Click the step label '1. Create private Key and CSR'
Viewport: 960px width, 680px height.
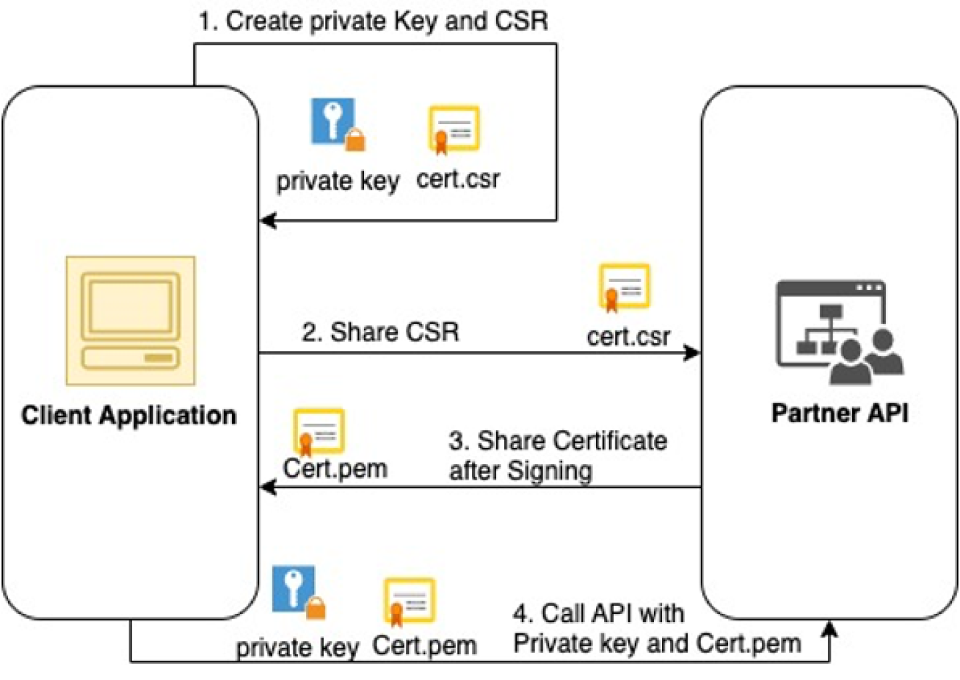click(x=373, y=21)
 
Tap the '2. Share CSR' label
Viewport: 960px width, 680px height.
click(x=380, y=332)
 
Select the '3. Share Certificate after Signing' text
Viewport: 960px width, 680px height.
click(x=557, y=456)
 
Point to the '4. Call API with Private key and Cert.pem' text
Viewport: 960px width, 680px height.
click(x=657, y=629)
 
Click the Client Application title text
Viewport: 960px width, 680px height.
click(x=129, y=415)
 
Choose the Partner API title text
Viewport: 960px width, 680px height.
click(x=839, y=413)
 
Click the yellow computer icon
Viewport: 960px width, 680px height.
click(x=131, y=321)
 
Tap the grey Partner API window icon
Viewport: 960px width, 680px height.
click(x=839, y=331)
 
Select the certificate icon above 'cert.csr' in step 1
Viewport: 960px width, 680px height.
click(x=454, y=129)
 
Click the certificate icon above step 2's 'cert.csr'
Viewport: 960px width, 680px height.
click(x=624, y=287)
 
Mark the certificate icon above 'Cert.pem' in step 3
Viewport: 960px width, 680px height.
click(x=319, y=431)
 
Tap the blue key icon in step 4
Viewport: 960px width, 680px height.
click(x=297, y=591)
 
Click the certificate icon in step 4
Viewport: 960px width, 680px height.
click(x=409, y=601)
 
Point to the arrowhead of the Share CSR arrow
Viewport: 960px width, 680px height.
click(x=693, y=353)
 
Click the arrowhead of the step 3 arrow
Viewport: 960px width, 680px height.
click(x=267, y=487)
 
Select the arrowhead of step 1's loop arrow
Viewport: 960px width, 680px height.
click(x=267, y=220)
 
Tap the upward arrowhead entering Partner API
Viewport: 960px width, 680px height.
click(x=829, y=629)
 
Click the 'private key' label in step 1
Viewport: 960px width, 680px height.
click(x=338, y=181)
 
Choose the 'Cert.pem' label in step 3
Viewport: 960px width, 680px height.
click(x=335, y=469)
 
